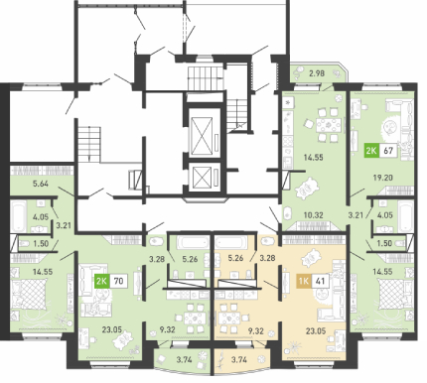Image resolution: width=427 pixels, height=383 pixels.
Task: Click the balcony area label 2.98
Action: pyautogui.click(x=316, y=73)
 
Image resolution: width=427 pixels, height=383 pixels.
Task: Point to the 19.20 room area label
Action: pyautogui.click(x=382, y=178)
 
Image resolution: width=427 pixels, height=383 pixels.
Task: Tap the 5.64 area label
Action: pyautogui.click(x=41, y=184)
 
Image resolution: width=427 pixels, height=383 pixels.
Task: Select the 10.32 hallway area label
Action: pyautogui.click(x=314, y=215)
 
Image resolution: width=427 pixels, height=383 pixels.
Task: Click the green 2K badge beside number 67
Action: pyautogui.click(x=371, y=151)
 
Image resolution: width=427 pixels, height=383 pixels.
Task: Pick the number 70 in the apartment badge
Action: pyautogui.click(x=118, y=281)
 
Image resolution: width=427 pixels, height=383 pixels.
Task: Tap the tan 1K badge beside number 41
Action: pyautogui.click(x=304, y=282)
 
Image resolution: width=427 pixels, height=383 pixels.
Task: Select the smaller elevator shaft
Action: pyautogui.click(x=202, y=177)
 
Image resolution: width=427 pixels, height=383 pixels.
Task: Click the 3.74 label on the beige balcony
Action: pyautogui.click(x=239, y=359)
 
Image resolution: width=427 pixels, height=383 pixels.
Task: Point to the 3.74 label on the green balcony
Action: pyautogui.click(x=185, y=360)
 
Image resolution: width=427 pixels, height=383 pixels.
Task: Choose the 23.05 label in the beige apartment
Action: pyautogui.click(x=316, y=330)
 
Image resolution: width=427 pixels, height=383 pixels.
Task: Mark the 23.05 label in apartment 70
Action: pyautogui.click(x=112, y=329)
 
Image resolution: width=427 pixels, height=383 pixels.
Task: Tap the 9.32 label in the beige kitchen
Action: pyautogui.click(x=255, y=330)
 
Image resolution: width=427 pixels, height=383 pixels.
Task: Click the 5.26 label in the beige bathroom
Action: pyautogui.click(x=235, y=258)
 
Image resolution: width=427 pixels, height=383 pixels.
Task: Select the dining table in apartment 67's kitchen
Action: pyautogui.click(x=329, y=125)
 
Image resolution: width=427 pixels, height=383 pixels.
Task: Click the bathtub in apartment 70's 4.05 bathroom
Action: pyautogui.click(x=18, y=216)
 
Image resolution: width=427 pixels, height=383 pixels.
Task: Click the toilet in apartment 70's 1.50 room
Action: pyautogui.click(x=25, y=244)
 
